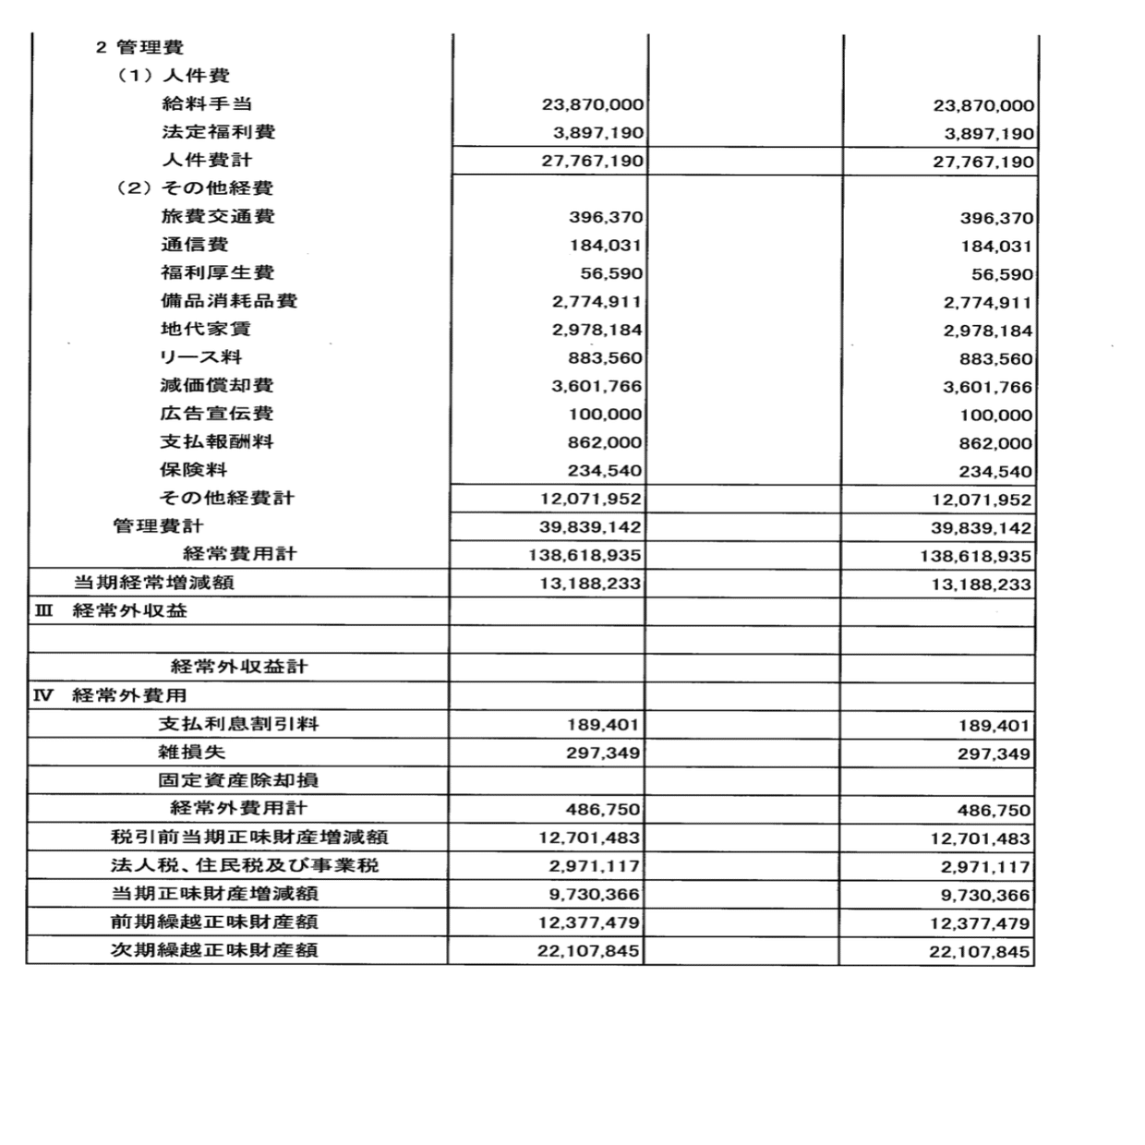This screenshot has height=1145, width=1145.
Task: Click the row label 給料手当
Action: pyautogui.click(x=207, y=103)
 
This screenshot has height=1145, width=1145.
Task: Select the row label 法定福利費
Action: pyautogui.click(x=218, y=132)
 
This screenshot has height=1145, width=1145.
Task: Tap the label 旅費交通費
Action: pyautogui.click(x=218, y=216)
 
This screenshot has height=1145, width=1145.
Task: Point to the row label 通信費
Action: pyautogui.click(x=195, y=245)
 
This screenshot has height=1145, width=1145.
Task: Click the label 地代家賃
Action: pyautogui.click(x=206, y=329)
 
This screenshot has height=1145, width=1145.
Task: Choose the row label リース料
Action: pyautogui.click(x=200, y=357)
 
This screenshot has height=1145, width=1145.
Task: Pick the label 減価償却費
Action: pyautogui.click(x=217, y=385)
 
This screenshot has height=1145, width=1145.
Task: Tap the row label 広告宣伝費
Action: pyautogui.click(x=217, y=414)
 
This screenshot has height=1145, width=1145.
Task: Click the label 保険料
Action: pyautogui.click(x=194, y=470)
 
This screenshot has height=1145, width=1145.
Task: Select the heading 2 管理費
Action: pyautogui.click(x=139, y=47)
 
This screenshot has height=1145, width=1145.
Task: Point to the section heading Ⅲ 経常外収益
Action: pyautogui.click(x=111, y=610)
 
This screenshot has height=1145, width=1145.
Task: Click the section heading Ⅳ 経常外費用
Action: pyautogui.click(x=111, y=695)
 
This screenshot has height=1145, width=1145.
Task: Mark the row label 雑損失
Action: pyautogui.click(x=192, y=752)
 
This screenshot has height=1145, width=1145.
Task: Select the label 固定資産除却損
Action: pyautogui.click(x=238, y=780)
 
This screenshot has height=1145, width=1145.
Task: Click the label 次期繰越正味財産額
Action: pyautogui.click(x=215, y=949)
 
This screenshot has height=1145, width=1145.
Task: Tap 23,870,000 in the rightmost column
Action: pyautogui.click(x=983, y=106)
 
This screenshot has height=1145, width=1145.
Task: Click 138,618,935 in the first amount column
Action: pyautogui.click(x=585, y=556)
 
